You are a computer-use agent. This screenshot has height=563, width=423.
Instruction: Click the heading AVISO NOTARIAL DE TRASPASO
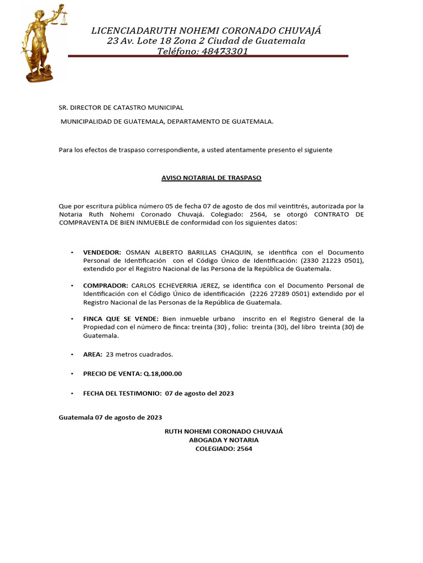pos(211,178)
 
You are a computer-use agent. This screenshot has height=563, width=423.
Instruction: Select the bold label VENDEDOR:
pos(102,252)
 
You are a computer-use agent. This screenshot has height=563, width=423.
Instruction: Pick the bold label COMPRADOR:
pos(105,285)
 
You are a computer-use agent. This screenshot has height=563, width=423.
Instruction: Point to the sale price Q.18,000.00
pos(162,374)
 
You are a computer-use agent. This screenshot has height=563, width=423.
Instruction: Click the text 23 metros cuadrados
pos(140,355)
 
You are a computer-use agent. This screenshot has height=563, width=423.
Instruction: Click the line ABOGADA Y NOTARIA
pos(224,440)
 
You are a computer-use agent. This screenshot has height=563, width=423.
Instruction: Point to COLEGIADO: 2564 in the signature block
pos(224,449)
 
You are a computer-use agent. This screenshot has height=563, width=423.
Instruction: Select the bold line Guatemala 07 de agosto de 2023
pos(110,417)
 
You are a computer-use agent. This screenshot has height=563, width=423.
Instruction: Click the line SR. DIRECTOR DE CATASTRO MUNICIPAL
pos(121,108)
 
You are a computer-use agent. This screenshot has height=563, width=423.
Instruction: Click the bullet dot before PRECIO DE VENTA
pos(72,374)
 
